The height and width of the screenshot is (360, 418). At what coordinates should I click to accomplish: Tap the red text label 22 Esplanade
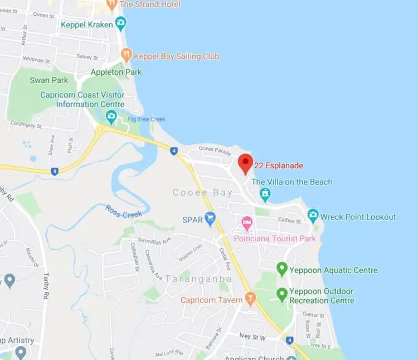pos(279,166)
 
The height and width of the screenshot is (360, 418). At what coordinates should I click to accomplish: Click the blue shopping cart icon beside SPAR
pos(210,218)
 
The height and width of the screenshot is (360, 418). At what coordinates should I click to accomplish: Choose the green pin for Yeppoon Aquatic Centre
pos(282,270)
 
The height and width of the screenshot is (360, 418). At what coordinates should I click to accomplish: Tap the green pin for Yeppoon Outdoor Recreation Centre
pos(282,294)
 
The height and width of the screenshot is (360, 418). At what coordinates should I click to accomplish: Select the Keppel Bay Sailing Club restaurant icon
pos(127,55)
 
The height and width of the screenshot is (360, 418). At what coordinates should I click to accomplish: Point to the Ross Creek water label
pos(124,211)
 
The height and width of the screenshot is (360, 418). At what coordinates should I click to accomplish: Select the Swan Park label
pos(49,80)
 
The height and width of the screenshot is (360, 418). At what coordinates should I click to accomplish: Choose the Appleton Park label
pos(116,72)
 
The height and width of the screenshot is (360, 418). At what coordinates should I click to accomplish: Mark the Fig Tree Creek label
pos(147,119)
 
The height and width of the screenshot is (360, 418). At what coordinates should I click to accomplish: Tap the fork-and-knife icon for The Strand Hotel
pos(111,4)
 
